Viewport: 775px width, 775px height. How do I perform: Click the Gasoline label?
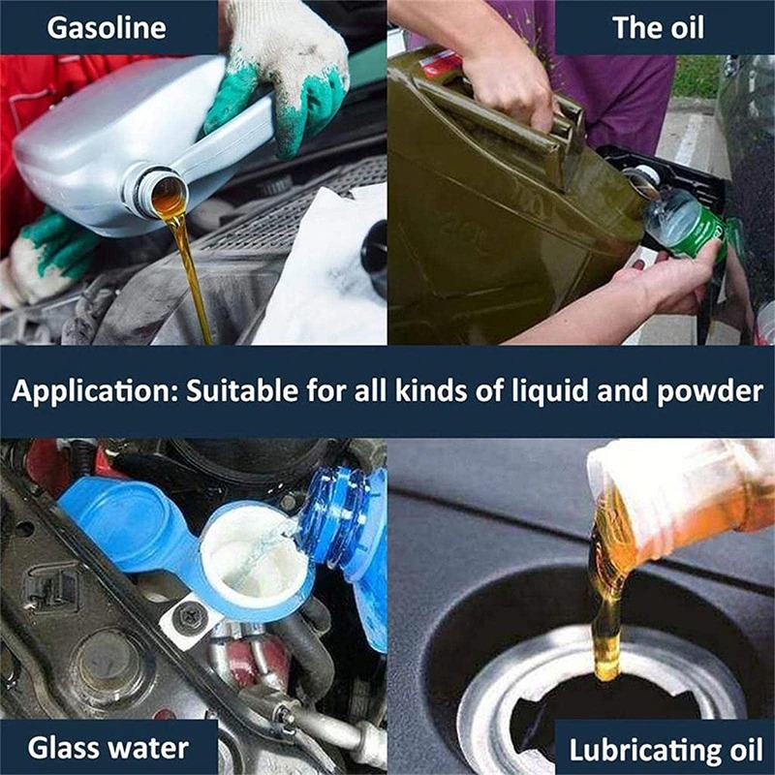[x=108, y=26]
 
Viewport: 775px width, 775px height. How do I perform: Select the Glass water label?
[x=108, y=748]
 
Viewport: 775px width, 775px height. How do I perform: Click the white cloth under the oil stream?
[x=310, y=271]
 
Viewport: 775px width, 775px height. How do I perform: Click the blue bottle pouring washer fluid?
[x=349, y=542]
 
